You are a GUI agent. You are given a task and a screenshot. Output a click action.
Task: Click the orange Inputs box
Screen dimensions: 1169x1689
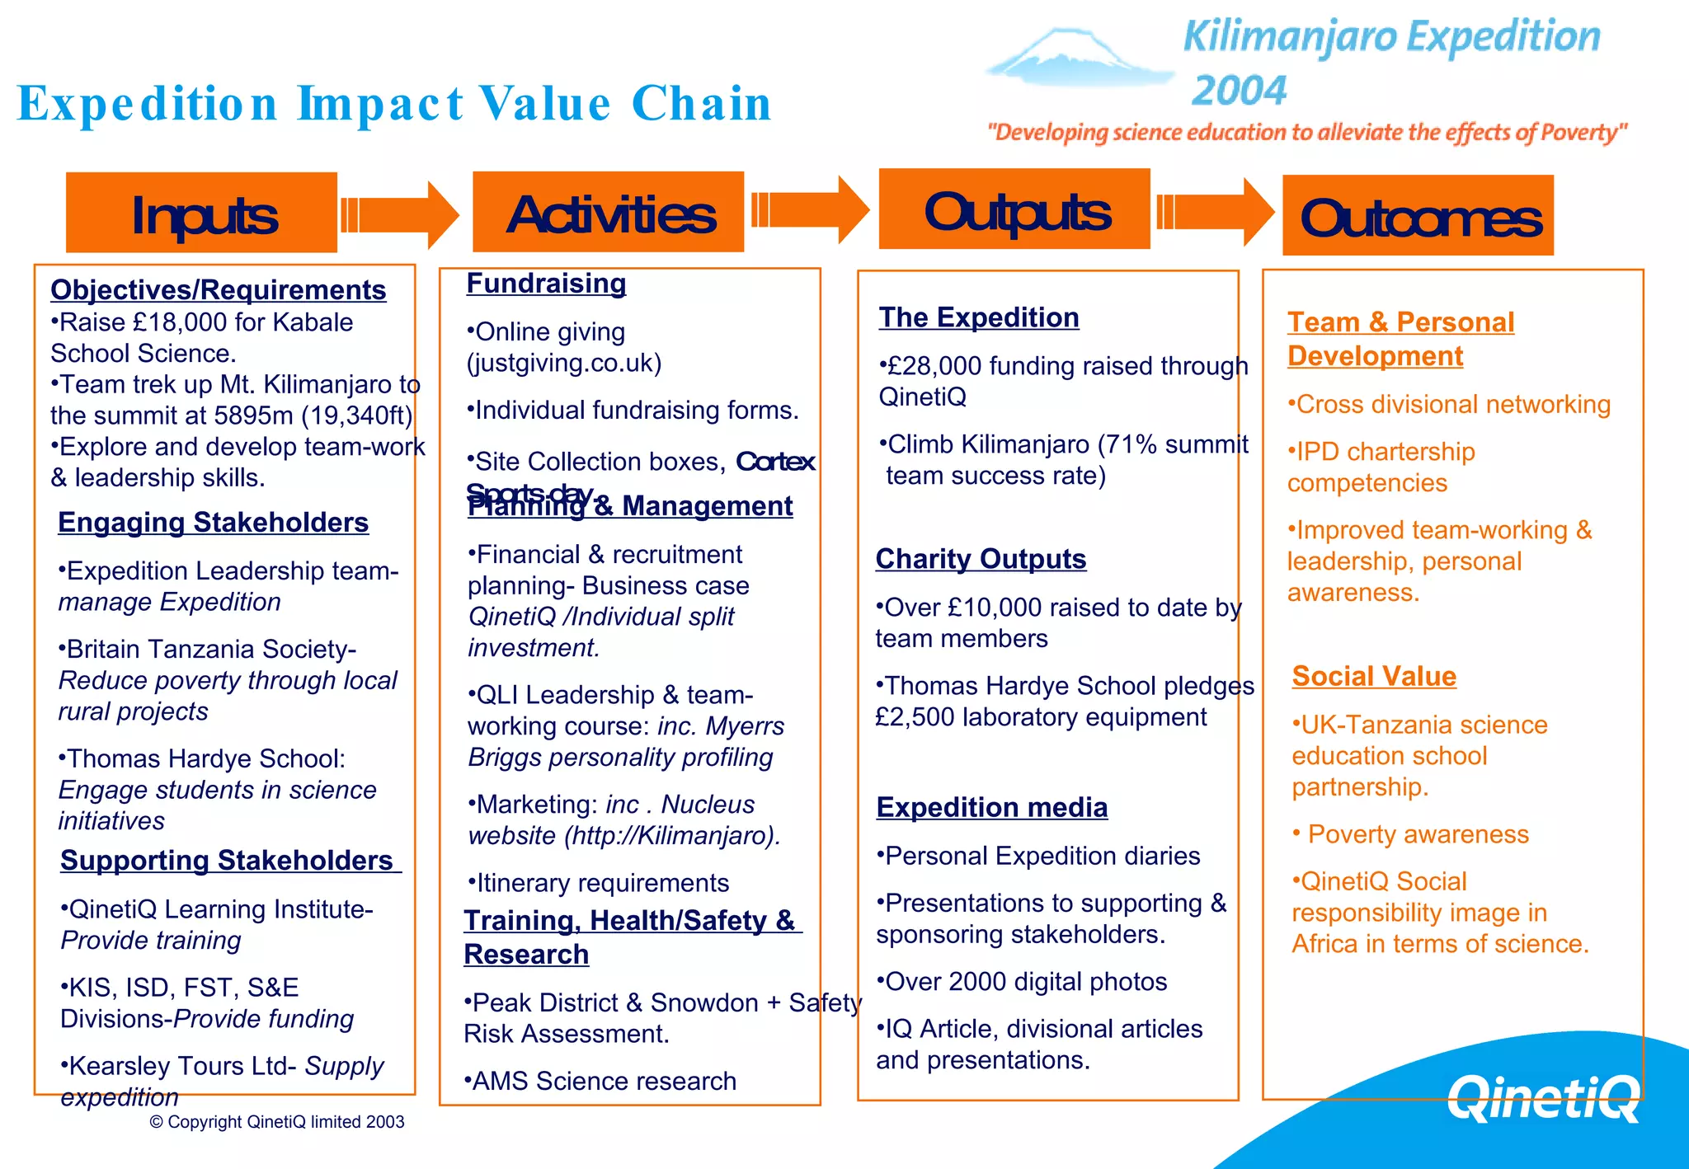tap(201, 213)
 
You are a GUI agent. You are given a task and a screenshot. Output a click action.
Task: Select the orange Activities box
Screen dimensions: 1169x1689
tap(608, 212)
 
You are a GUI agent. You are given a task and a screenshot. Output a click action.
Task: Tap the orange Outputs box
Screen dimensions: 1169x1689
tap(1014, 209)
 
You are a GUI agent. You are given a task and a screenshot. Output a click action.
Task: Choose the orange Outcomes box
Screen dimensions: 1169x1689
tap(1418, 215)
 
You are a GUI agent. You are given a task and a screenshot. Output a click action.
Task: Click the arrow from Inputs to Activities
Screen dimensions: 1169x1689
tap(401, 215)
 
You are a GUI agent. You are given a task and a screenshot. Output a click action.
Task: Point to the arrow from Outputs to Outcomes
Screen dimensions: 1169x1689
tap(1216, 212)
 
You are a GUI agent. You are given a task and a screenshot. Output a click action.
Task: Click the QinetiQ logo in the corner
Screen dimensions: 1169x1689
tap(1542, 1097)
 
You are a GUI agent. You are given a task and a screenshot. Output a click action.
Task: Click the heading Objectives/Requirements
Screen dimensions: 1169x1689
tap(218, 290)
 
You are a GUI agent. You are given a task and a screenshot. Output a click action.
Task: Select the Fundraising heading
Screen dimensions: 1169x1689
tap(546, 284)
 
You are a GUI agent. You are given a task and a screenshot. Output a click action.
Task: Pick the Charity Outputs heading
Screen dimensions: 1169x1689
tap(981, 559)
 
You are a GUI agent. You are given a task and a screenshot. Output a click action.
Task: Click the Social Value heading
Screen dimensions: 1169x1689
tap(1374, 676)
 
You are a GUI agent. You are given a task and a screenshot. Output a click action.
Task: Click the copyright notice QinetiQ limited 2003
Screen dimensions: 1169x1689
tap(277, 1122)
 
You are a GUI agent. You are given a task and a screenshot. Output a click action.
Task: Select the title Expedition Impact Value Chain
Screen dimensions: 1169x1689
tap(394, 104)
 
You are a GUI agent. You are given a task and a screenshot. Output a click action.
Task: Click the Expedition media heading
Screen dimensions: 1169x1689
tap(991, 807)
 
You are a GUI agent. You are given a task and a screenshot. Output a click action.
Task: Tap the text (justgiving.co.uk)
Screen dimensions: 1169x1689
tap(564, 364)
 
